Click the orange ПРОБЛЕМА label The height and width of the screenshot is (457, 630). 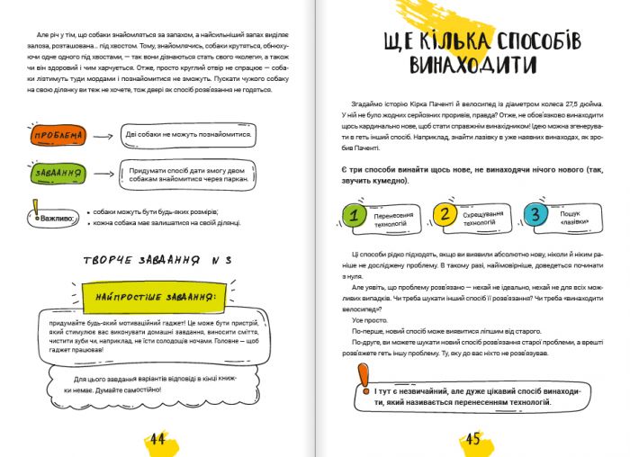pyautogui.click(x=58, y=136)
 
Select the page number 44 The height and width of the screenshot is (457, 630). pyautogui.click(x=157, y=439)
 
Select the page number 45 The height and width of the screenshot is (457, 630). pyautogui.click(x=473, y=439)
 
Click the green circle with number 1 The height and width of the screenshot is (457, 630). pyautogui.click(x=356, y=216)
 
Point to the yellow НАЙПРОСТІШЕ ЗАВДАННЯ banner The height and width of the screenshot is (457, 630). pyautogui.click(x=161, y=296)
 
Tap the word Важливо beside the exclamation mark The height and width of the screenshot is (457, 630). pyautogui.click(x=59, y=219)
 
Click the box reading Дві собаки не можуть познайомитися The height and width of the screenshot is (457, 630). pyautogui.click(x=188, y=135)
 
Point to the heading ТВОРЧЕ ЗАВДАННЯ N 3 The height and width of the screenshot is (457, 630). pyautogui.click(x=157, y=260)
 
